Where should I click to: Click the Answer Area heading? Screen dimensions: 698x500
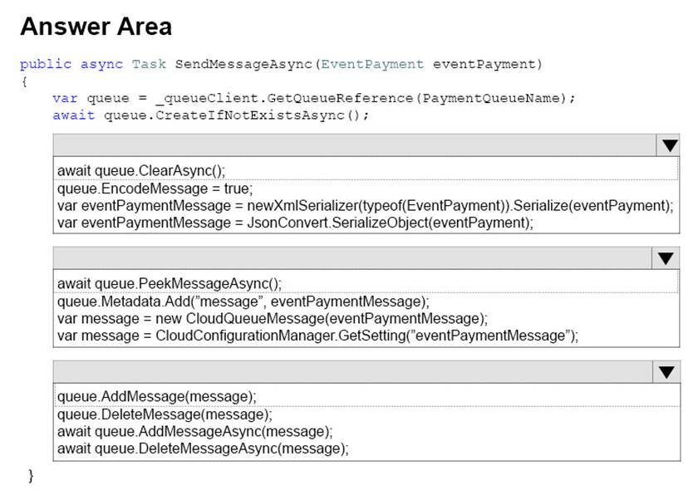(x=96, y=27)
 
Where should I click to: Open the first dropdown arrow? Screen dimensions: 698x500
(x=670, y=145)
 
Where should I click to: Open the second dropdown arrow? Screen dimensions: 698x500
(x=666, y=258)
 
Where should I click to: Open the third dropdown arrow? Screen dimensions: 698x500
(x=666, y=372)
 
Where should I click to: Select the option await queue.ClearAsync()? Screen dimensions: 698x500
(x=141, y=171)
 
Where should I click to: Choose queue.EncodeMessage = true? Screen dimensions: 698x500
(x=155, y=189)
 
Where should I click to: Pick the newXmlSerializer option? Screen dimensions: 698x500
(x=365, y=206)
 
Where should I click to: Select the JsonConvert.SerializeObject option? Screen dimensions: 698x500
(x=295, y=223)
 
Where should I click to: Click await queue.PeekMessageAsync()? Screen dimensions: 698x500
(x=170, y=284)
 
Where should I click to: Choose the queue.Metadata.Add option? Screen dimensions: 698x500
(x=243, y=301)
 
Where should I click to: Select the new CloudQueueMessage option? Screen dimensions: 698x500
(x=273, y=318)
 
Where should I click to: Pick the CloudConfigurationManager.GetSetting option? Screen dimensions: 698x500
(x=317, y=336)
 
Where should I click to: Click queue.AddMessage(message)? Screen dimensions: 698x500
(x=157, y=397)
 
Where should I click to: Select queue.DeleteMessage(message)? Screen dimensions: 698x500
(x=165, y=414)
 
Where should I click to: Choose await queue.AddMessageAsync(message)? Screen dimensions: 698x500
(x=195, y=432)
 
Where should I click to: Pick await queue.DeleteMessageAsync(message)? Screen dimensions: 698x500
(x=203, y=449)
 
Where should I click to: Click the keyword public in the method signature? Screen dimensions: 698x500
(x=46, y=65)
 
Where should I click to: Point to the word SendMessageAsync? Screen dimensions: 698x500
(x=243, y=64)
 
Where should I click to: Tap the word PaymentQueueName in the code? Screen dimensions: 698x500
(x=491, y=98)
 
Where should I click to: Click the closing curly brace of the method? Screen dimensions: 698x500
(x=31, y=476)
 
